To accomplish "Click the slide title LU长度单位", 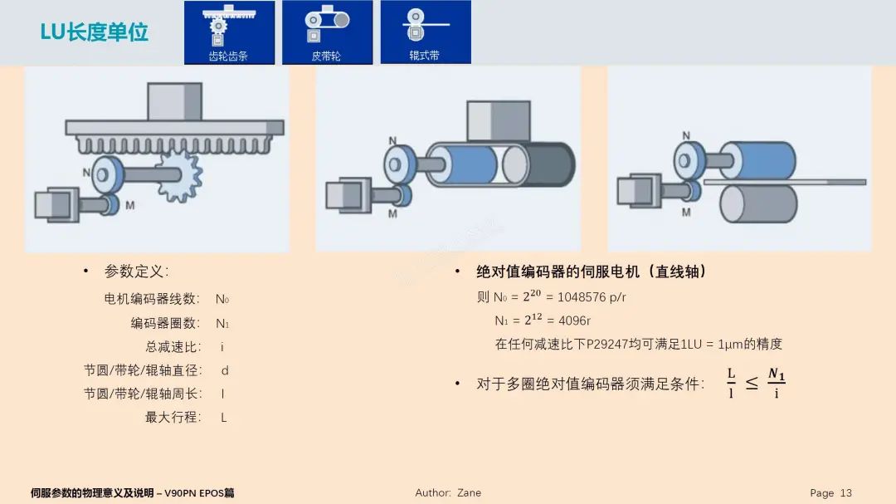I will (x=95, y=32).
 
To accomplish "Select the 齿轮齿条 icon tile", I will (x=229, y=32).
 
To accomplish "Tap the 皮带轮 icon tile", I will (x=326, y=32).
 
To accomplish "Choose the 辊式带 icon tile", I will (x=425, y=32).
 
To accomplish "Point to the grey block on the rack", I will (x=175, y=101).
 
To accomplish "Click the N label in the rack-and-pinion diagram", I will (x=86, y=173).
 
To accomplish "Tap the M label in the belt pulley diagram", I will (x=392, y=213).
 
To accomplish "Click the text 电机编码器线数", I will (x=151, y=299).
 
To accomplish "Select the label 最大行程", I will (x=173, y=417).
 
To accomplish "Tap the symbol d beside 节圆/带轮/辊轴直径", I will (x=224, y=370).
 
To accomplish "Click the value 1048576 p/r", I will (x=592, y=296).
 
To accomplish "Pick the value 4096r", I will (x=575, y=321).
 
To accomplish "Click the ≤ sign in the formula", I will (x=751, y=383).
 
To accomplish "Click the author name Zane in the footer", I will (x=469, y=492).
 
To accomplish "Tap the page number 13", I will (x=845, y=492).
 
